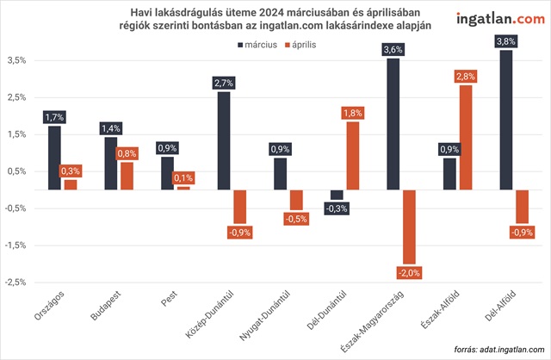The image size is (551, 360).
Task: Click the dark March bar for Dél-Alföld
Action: pos(506,120)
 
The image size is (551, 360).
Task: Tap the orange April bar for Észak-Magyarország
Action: pos(409,227)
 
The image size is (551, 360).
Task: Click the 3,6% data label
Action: pos(393,50)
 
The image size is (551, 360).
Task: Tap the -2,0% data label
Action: pos(409,273)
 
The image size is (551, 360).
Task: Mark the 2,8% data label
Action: pos(466,78)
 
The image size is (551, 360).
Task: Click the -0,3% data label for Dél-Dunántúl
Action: pos(337,208)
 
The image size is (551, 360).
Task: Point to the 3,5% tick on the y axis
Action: pos(17,61)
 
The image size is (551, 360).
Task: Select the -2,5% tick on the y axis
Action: pos(15,282)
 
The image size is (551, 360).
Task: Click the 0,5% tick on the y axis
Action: pos(17,171)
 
